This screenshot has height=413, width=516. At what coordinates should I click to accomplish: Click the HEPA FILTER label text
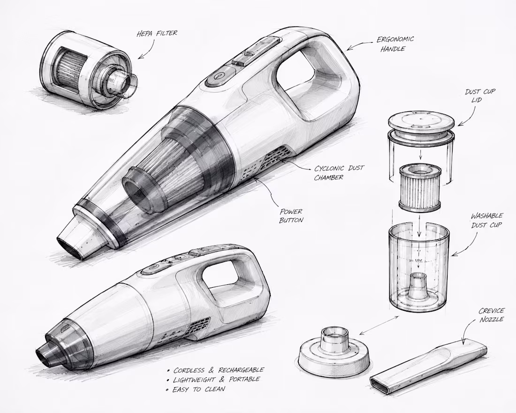click(157, 33)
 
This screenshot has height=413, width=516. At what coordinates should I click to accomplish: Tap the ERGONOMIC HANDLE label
click(395, 44)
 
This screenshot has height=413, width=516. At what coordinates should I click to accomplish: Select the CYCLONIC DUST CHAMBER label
click(339, 173)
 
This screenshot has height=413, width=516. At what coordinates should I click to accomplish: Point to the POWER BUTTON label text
click(291, 216)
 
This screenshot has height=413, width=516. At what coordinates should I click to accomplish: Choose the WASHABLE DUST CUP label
click(487, 220)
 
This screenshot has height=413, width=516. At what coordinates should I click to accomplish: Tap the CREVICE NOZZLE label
click(491, 315)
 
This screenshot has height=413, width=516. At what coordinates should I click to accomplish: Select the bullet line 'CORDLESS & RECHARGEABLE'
click(215, 370)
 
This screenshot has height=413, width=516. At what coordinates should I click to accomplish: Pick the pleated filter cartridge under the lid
click(420, 188)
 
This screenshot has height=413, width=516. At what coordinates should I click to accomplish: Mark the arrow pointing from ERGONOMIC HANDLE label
click(361, 45)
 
